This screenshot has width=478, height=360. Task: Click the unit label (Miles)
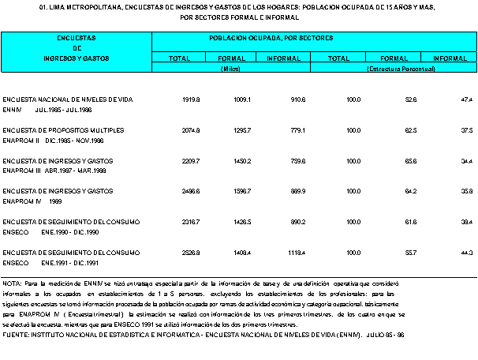tap(230, 69)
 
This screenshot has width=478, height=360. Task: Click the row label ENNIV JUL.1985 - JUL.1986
tap(54, 109)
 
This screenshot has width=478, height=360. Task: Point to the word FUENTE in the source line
tap(15, 334)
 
